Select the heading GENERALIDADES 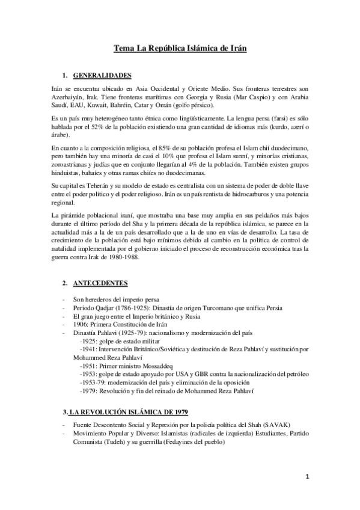click(x=102, y=76)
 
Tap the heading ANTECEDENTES click(x=101, y=282)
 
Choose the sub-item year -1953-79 click(x=92, y=382)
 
